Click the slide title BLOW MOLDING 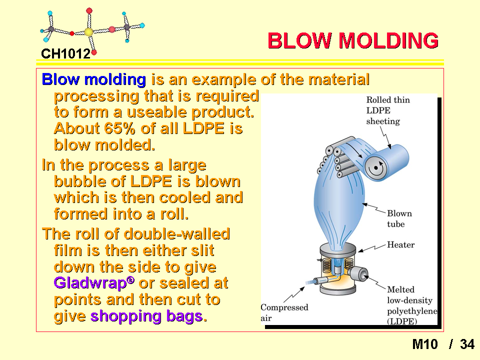[353, 40]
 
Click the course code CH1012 [66, 54]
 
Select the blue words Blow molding [93, 79]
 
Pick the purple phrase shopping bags [146, 316]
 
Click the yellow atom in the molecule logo [88, 32]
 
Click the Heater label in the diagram [400, 244]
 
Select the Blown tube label [399, 218]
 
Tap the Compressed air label [284, 312]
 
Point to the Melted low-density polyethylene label [412, 305]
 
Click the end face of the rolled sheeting [376, 168]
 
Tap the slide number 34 [467, 344]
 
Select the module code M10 [425, 344]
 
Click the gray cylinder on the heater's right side [358, 273]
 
